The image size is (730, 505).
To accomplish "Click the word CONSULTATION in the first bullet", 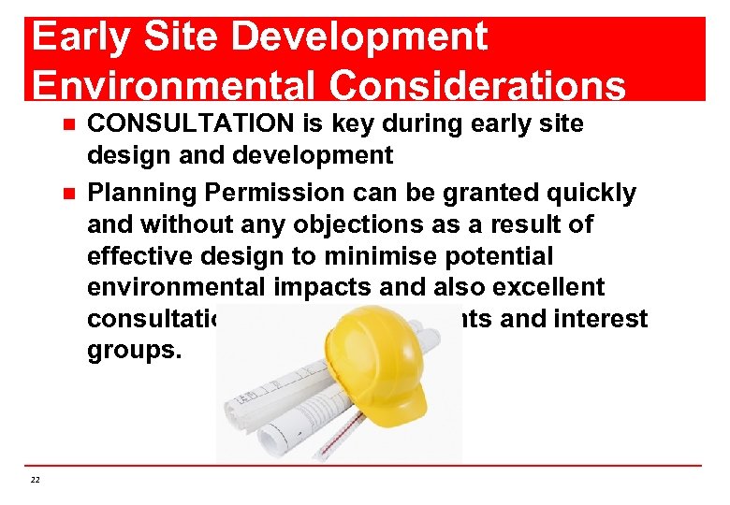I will tap(192, 124).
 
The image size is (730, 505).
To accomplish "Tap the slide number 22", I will tap(36, 480).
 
